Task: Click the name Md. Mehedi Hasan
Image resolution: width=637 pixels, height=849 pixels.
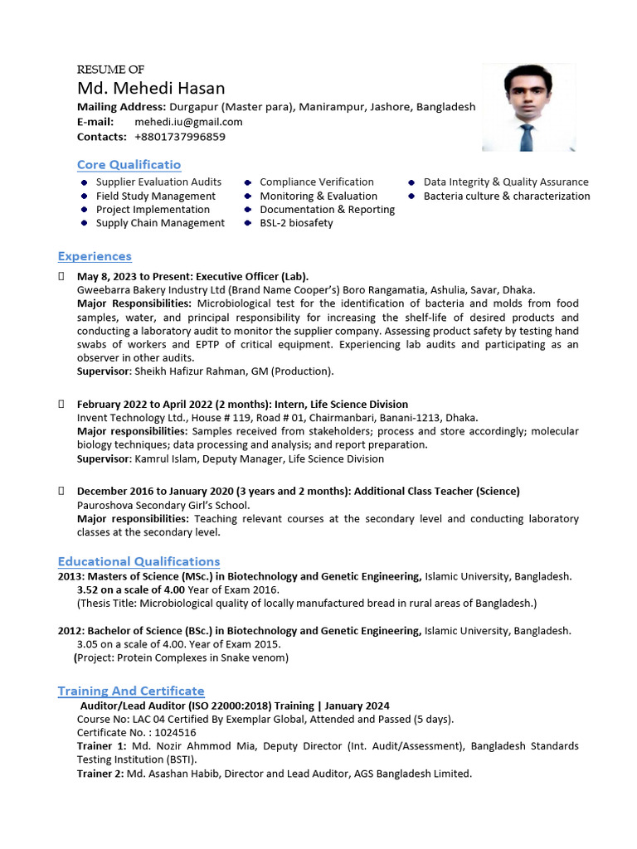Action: click(x=151, y=88)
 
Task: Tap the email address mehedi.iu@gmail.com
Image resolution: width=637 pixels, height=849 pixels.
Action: click(x=188, y=122)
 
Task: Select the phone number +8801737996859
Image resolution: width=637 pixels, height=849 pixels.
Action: click(x=179, y=137)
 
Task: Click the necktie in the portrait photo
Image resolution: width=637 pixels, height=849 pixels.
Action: click(x=526, y=134)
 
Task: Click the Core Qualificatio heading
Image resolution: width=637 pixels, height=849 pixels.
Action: click(x=129, y=165)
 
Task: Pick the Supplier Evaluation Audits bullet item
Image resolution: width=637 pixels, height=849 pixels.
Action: click(x=158, y=182)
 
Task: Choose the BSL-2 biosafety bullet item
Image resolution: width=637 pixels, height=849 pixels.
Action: click(x=296, y=223)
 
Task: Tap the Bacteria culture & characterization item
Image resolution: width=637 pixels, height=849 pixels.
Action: click(x=507, y=196)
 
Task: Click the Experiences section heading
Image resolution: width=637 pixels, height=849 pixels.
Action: click(x=95, y=256)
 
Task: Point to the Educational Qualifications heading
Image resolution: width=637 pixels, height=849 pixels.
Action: click(x=139, y=561)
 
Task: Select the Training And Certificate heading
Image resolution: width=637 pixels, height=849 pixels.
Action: click(x=130, y=691)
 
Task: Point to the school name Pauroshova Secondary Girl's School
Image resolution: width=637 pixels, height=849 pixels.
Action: click(x=163, y=505)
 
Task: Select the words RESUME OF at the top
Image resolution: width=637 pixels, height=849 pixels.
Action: click(x=110, y=70)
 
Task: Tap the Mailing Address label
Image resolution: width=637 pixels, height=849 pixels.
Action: click(x=121, y=107)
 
